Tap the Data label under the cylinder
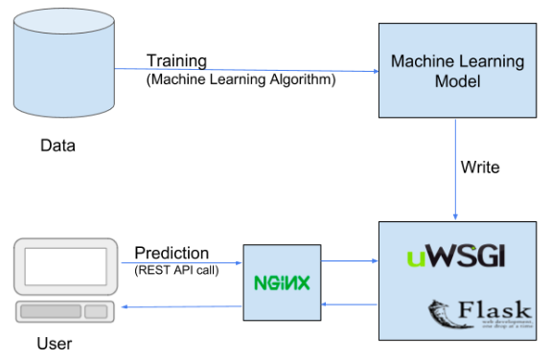coord(57,146)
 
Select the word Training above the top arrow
coord(176,61)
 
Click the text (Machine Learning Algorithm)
coord(241,80)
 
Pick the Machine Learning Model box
coord(457,73)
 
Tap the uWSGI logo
coord(454,256)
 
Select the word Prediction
coord(172,254)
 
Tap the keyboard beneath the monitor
coord(63,312)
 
